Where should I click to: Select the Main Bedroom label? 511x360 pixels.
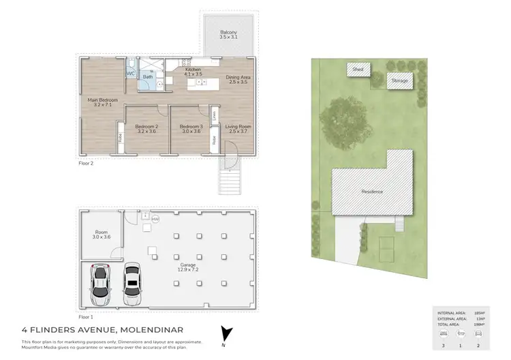pyautogui.click(x=102, y=103)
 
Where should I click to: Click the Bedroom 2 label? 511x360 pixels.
pyautogui.click(x=146, y=127)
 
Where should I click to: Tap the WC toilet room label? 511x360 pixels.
pyautogui.click(x=130, y=73)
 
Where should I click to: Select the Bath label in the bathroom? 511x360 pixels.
pyautogui.click(x=148, y=77)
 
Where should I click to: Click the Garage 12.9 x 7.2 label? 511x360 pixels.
pyautogui.click(x=187, y=267)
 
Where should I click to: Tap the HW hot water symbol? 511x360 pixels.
pyautogui.click(x=155, y=219)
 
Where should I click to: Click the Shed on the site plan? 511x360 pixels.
pyautogui.click(x=357, y=69)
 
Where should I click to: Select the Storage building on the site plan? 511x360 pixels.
pyautogui.click(x=399, y=81)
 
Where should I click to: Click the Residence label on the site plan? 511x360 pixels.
pyautogui.click(x=372, y=192)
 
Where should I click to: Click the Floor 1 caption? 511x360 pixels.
pyautogui.click(x=85, y=317)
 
